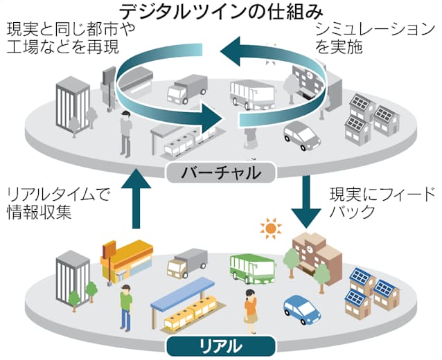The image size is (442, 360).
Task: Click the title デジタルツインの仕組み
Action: [x=221, y=11]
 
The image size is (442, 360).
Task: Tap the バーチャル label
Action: [x=220, y=172]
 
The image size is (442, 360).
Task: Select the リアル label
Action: [x=220, y=344]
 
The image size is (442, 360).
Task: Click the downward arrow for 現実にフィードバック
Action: [x=306, y=201]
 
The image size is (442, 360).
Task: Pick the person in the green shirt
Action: [x=125, y=305]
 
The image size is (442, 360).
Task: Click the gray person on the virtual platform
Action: [x=125, y=132]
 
